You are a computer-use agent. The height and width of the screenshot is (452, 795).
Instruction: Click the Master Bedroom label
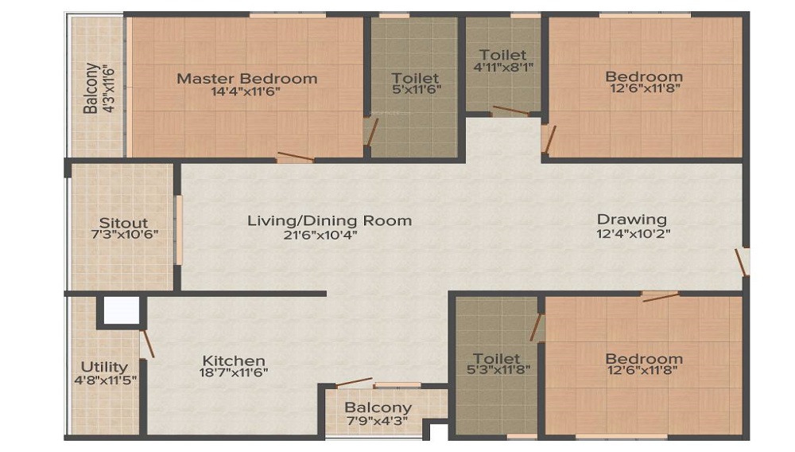[x=247, y=79]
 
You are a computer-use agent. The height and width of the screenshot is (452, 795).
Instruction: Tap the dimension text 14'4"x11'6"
[x=246, y=92]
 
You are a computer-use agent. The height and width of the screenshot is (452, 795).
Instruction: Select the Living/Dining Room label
[x=330, y=220]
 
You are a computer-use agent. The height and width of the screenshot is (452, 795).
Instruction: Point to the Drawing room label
[x=632, y=220]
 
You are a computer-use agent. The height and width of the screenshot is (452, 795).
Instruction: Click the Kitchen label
[x=234, y=360]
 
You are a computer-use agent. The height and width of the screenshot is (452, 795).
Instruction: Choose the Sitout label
[x=123, y=223]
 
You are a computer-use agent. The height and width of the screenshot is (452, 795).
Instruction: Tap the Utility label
[x=104, y=367]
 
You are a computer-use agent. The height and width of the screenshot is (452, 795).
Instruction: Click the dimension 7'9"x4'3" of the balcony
[x=378, y=420]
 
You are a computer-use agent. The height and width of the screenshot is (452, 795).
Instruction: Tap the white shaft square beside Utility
[x=122, y=310]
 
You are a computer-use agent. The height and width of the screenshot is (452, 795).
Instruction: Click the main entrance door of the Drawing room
[x=741, y=263]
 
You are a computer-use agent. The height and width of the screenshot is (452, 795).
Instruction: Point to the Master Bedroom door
[x=296, y=156]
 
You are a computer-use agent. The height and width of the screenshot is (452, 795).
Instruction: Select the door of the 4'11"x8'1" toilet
[x=510, y=111]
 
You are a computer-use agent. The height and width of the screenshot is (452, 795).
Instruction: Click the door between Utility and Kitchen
[x=147, y=344]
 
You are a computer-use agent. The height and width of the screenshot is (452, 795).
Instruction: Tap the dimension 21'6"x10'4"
[x=320, y=235]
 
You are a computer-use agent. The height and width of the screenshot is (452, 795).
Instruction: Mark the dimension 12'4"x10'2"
[x=634, y=234]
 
